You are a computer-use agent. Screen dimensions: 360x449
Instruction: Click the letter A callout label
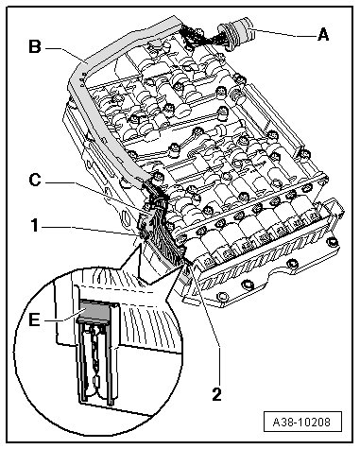tap(323, 34)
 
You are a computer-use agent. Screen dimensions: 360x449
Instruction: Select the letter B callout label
tap(35, 46)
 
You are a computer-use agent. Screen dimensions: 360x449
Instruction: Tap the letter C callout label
tap(35, 181)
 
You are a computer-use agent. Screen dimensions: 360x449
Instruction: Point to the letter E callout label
tap(34, 320)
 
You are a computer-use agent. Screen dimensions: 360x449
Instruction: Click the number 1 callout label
tap(35, 226)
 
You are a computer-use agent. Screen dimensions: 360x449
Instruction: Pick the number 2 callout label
tap(216, 394)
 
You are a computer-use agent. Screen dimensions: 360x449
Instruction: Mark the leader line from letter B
tap(64, 53)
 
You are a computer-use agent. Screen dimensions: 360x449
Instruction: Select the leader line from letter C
tap(96, 194)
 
